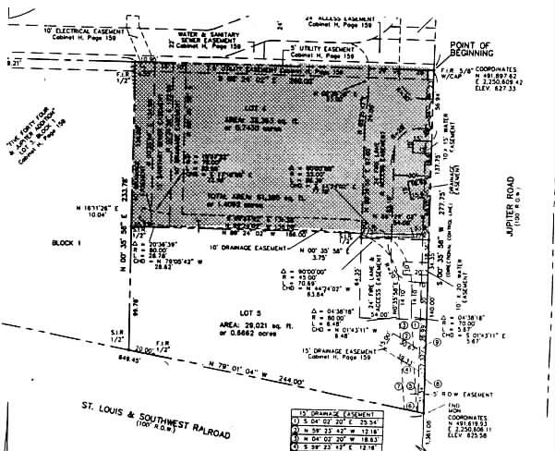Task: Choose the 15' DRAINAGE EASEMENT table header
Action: [x=340, y=408]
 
